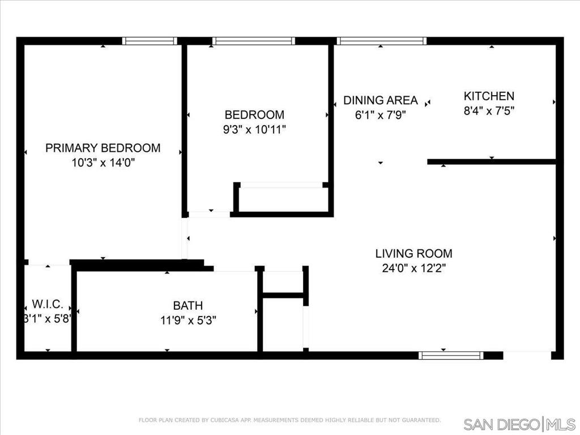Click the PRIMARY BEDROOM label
tap(103, 148)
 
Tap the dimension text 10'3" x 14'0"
tap(103, 163)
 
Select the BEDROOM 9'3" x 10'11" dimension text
tap(254, 130)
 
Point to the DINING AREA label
tap(381, 100)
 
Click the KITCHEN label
tap(489, 96)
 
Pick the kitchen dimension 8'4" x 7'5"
tap(489, 110)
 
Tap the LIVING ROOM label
tap(414, 253)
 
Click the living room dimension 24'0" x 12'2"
tap(414, 268)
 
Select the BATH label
tap(188, 305)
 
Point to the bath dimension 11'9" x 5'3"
tap(188, 320)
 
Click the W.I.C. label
tap(48, 304)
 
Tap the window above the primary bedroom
tap(150, 41)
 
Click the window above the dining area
tap(382, 41)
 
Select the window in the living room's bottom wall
tap(451, 356)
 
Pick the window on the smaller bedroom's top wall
tap(254, 41)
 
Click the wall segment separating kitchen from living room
tap(492, 161)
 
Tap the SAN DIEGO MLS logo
tap(519, 424)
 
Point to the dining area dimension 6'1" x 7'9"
tap(381, 115)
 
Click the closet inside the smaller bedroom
tap(283, 199)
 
